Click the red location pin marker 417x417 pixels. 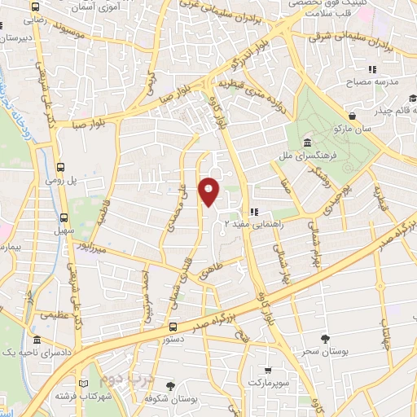pyautogui.click(x=210, y=191)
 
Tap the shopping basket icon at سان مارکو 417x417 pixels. pyautogui.click(x=351, y=115)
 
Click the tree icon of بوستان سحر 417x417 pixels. pyautogui.click(x=326, y=339)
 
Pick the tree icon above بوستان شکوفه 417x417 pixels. pyautogui.click(x=170, y=386)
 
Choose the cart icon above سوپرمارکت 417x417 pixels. pyautogui.click(x=268, y=368)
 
